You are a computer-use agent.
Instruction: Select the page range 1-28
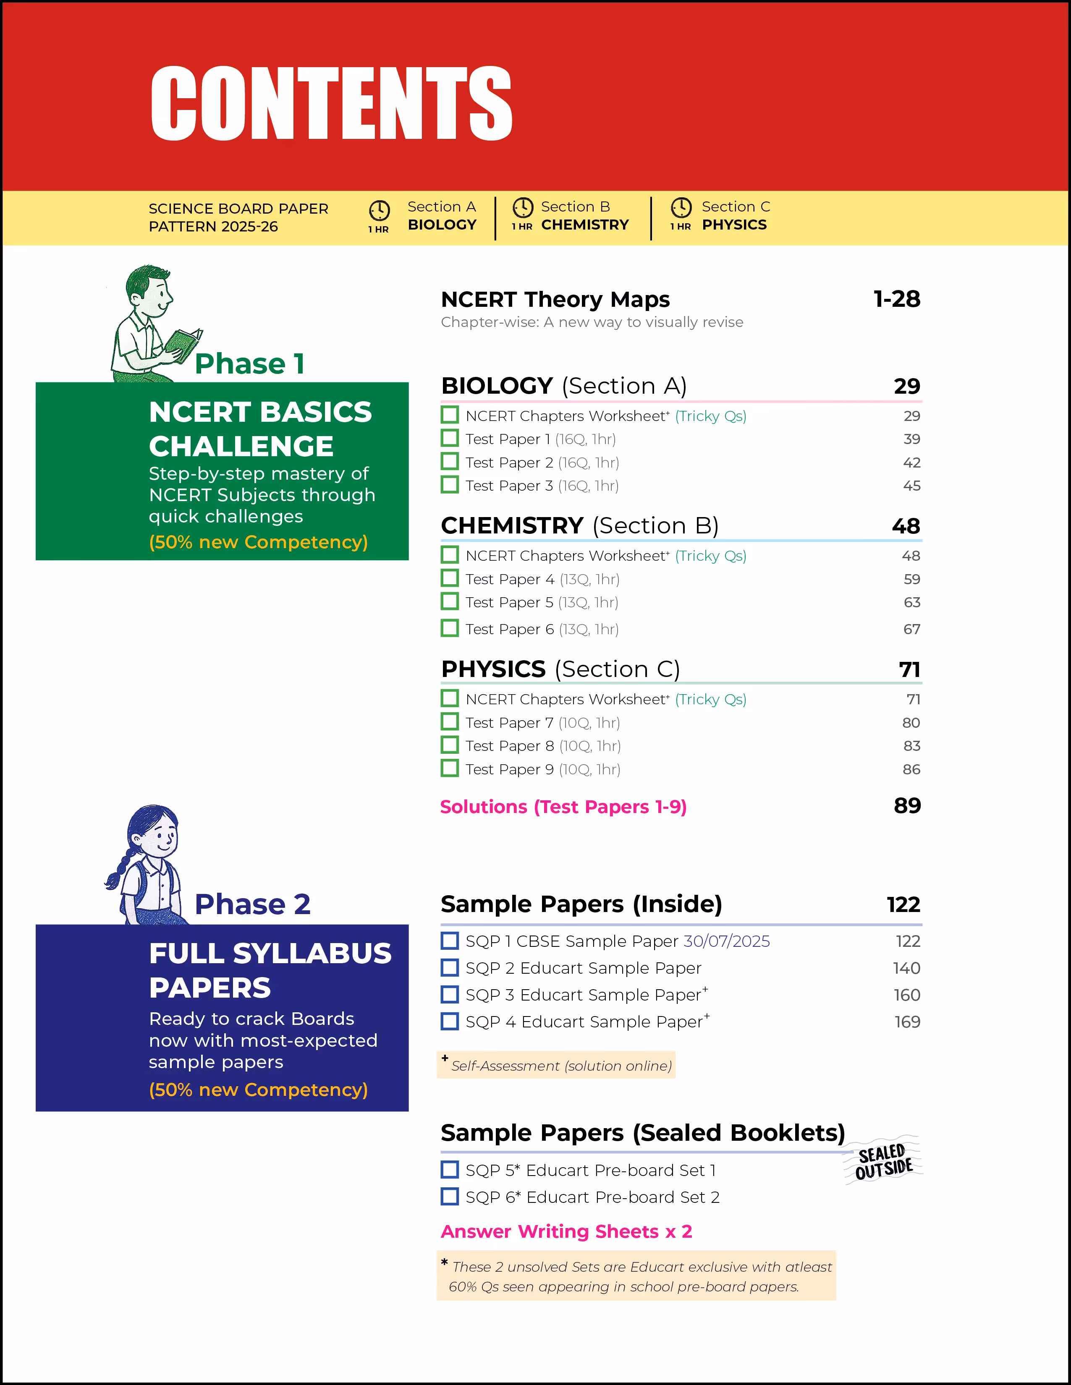(x=896, y=299)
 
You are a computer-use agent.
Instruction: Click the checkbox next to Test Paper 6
(x=450, y=628)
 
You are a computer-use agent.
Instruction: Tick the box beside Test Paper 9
(x=450, y=768)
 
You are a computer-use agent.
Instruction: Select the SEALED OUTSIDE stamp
(x=883, y=1162)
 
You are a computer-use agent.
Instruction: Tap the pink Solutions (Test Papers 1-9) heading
(x=563, y=807)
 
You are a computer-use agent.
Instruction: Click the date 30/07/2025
(x=726, y=941)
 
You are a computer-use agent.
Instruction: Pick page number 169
(x=907, y=1022)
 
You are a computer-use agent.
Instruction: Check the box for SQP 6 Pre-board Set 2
(x=450, y=1197)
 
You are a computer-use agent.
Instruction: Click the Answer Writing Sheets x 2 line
(x=566, y=1231)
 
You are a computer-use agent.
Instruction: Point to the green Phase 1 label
(x=250, y=364)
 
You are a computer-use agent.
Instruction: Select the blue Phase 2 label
(x=252, y=904)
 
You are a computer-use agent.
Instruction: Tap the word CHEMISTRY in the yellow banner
(x=584, y=225)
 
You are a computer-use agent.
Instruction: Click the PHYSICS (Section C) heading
(x=560, y=669)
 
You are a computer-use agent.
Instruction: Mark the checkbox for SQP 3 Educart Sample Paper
(x=450, y=994)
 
